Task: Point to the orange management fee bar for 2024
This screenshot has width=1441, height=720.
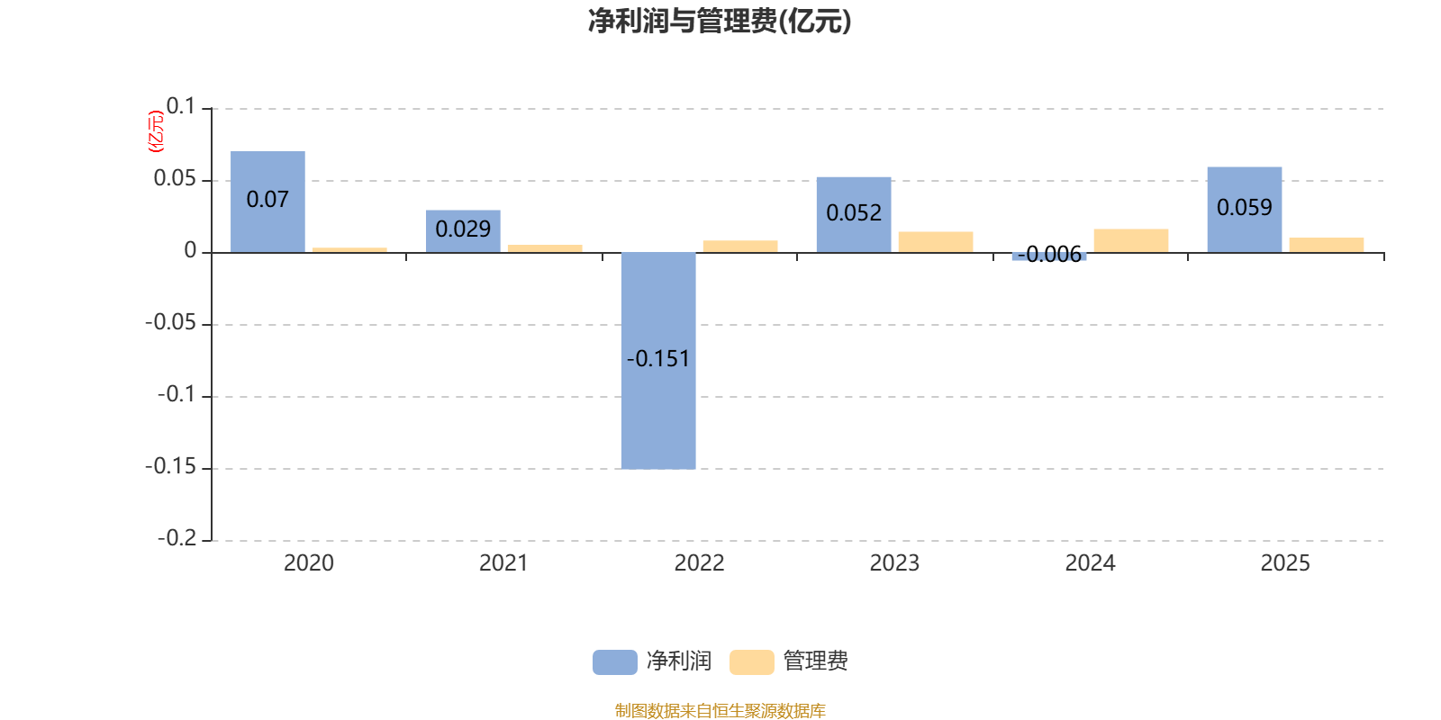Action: tap(1131, 240)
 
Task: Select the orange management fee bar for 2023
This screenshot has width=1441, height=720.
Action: tap(936, 242)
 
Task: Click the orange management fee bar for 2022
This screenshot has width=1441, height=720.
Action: tap(740, 247)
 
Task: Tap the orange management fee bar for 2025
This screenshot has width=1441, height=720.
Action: tap(1327, 245)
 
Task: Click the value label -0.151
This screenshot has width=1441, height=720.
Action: tap(658, 359)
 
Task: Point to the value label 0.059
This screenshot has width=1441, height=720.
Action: tap(1245, 208)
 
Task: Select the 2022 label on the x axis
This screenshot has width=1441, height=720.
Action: tap(699, 563)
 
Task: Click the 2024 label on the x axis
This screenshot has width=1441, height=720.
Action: tap(1090, 563)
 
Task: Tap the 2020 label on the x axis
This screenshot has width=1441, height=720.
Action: tap(308, 563)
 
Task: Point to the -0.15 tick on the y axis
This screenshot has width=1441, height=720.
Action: tap(170, 467)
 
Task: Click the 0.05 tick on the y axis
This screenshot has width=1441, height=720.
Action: tap(175, 179)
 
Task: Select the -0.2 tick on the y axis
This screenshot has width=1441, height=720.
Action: tap(177, 538)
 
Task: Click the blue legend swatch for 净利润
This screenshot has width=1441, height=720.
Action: tap(614, 662)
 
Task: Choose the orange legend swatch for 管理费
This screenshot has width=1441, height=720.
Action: tap(751, 662)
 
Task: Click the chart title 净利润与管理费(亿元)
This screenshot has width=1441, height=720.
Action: tap(720, 21)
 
